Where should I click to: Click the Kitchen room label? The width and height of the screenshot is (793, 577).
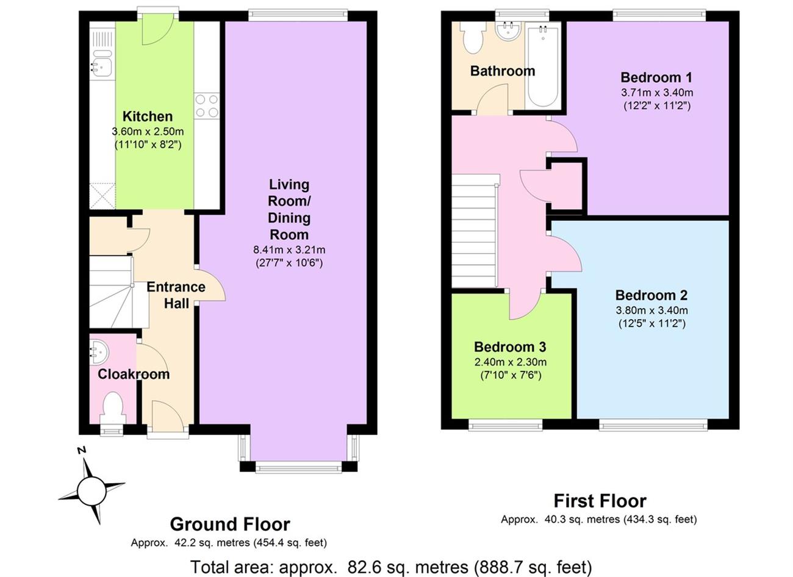tap(148, 116)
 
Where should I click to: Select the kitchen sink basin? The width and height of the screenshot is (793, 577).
tap(102, 68)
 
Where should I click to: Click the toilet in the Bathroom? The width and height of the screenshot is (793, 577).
tap(473, 38)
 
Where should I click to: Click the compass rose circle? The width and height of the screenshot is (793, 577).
tap(91, 492)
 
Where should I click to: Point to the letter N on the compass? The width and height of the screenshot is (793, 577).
tap(82, 451)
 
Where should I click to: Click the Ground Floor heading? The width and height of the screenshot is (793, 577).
tap(230, 525)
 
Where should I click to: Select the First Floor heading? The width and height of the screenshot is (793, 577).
tap(600, 501)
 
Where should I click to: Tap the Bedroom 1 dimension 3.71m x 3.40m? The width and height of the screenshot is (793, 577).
tap(657, 93)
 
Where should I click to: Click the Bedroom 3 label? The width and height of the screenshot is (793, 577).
tap(510, 347)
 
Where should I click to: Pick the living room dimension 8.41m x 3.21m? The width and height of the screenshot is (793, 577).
tap(289, 250)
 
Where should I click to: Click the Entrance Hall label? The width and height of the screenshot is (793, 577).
tap(176, 295)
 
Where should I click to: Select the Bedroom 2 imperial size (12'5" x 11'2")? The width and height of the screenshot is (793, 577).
tap(652, 323)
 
